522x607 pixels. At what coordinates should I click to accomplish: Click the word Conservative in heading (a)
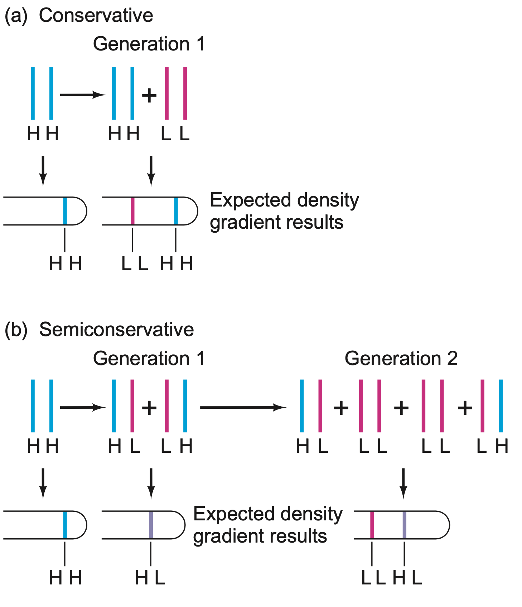96,16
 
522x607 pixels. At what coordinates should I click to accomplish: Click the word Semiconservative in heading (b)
116,330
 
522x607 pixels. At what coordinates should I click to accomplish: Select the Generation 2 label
401,359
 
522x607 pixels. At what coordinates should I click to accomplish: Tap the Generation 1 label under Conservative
149,44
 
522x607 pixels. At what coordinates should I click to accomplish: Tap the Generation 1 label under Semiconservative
149,359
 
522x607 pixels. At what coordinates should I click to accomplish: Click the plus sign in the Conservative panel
149,95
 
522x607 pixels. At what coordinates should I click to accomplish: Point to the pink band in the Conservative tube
132,211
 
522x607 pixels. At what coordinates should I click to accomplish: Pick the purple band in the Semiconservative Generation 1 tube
151,525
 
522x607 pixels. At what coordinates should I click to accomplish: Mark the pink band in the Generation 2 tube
372,525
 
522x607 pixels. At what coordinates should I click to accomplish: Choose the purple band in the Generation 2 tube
404,525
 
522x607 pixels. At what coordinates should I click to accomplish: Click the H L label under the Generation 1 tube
150,578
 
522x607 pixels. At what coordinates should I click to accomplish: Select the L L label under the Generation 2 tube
373,578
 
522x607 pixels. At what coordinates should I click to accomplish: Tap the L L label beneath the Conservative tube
134,264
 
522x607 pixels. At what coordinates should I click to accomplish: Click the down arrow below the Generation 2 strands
403,483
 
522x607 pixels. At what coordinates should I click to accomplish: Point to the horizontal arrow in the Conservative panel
82,95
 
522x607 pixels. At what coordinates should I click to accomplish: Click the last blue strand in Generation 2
501,406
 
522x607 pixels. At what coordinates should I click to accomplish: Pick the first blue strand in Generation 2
302,406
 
